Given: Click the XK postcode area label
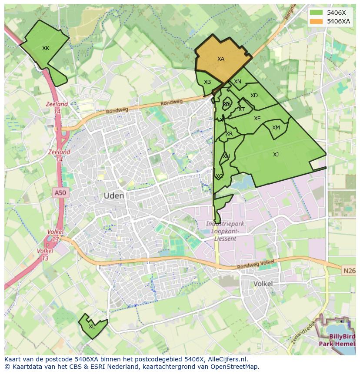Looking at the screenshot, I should pos(46,48).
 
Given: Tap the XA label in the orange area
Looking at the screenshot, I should pos(221,59).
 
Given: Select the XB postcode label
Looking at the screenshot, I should pos(207,82).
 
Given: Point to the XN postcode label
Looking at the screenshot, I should pos(237,82).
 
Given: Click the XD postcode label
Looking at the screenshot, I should pos(254,96).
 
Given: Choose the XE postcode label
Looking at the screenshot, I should pos(257,119).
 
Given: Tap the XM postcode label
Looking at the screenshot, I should pos(276,128).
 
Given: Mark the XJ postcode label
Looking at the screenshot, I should pos(276,155).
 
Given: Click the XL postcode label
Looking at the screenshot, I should pos(92,327).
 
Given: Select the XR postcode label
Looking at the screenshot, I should pos(229,134).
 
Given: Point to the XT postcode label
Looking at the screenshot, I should pos(241,109).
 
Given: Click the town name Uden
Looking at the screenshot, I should pos(114,196).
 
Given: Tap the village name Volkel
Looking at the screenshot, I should pos(263,284).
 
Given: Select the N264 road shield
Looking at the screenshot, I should pos(349,271).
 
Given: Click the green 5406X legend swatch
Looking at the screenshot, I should pos(317,13).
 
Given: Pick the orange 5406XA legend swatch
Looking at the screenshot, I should pos(317,21).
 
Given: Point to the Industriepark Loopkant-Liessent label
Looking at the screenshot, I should pos(225,231).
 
